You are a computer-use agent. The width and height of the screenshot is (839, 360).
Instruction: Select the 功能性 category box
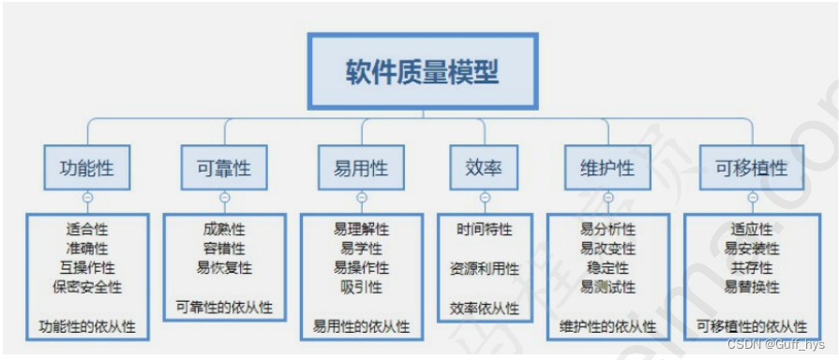87,169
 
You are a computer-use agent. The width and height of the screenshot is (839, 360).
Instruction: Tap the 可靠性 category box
224,169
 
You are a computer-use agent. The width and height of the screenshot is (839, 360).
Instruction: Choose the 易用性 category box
361,169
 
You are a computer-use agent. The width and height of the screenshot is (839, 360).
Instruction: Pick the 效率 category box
484,169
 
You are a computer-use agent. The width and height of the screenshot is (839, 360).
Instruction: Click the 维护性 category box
607,169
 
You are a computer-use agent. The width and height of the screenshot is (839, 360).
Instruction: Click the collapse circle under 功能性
87,198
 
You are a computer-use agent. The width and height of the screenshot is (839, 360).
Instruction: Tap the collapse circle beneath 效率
485,198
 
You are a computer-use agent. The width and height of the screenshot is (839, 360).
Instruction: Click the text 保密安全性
87,287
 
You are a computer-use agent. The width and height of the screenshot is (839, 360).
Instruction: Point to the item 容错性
224,248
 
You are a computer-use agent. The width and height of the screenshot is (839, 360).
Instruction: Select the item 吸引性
361,287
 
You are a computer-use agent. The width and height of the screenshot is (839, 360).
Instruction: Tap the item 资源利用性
485,269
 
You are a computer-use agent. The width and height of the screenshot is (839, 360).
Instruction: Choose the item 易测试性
607,287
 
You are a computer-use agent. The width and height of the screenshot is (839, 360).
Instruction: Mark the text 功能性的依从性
87,326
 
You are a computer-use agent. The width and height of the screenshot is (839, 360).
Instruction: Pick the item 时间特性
485,230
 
